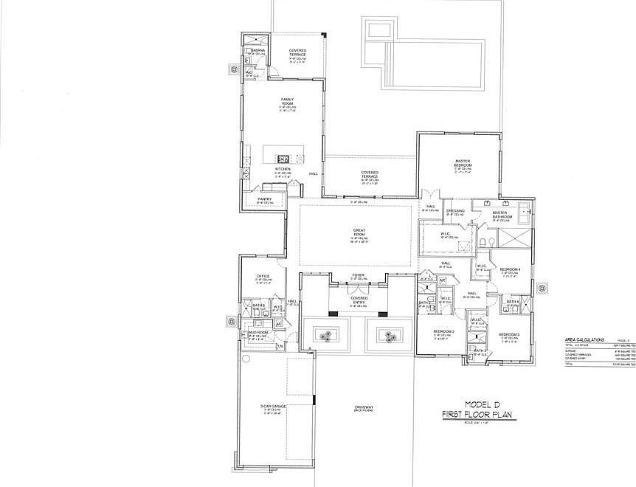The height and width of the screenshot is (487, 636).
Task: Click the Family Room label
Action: (x=287, y=101)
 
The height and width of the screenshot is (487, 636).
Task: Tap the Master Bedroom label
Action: (x=463, y=162)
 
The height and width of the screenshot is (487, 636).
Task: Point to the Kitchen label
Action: (x=283, y=169)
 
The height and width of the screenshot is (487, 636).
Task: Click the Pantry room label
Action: (x=265, y=198)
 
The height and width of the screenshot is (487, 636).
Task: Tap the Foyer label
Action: (x=358, y=275)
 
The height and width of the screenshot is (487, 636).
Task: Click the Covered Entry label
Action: (x=359, y=300)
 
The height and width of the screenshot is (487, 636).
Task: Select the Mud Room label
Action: (x=258, y=334)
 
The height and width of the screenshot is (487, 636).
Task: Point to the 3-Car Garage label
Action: (x=273, y=407)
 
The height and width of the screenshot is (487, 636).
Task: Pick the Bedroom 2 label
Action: (x=443, y=332)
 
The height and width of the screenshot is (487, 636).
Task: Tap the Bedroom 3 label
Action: (x=510, y=334)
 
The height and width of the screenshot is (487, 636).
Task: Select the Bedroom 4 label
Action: (x=510, y=270)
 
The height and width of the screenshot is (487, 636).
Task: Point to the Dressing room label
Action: (x=455, y=211)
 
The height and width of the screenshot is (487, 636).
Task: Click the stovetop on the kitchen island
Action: (x=283, y=158)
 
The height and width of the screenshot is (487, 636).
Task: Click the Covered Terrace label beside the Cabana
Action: (x=297, y=52)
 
